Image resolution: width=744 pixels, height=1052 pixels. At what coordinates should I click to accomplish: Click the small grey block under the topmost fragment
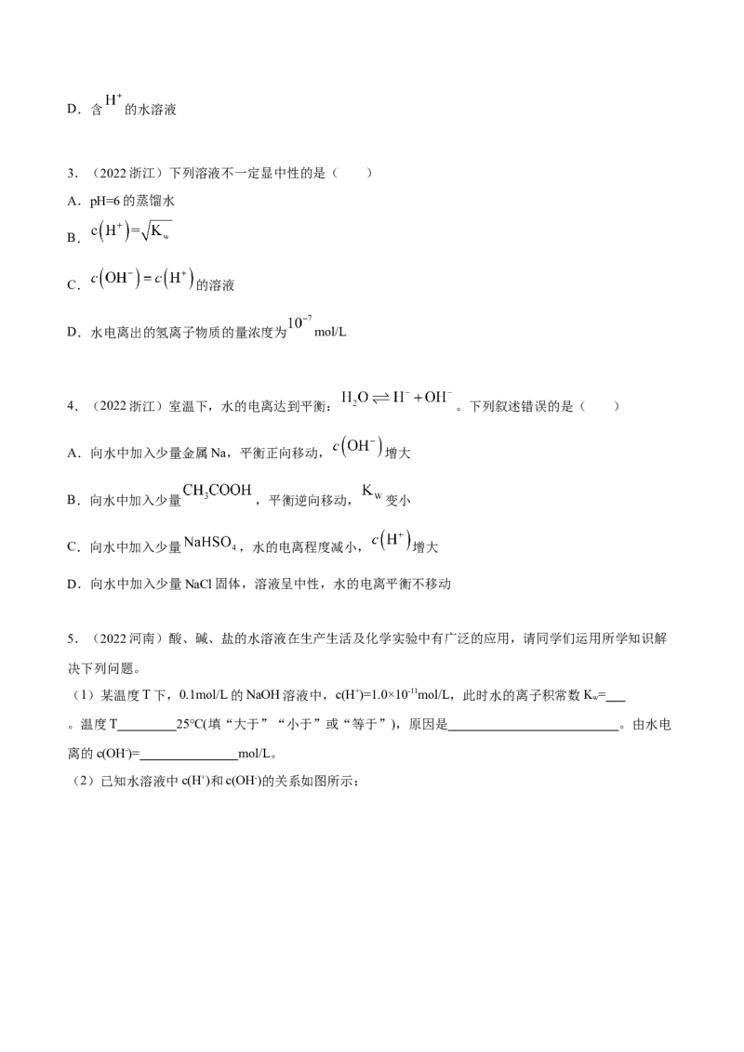[112, 107]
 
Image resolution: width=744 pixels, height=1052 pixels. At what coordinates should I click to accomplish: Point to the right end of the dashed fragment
[450, 397]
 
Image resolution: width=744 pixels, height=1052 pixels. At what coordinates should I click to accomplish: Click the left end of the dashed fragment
[339, 398]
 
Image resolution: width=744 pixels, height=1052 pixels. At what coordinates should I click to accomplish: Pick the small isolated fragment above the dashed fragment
[297, 322]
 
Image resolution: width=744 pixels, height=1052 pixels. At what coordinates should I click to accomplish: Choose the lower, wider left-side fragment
[139, 279]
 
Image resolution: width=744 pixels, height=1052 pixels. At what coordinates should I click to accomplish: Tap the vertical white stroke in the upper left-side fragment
[122, 228]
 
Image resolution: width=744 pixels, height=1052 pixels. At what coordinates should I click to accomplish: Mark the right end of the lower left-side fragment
[183, 278]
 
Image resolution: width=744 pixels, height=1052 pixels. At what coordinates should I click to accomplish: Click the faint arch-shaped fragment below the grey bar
[394, 541]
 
